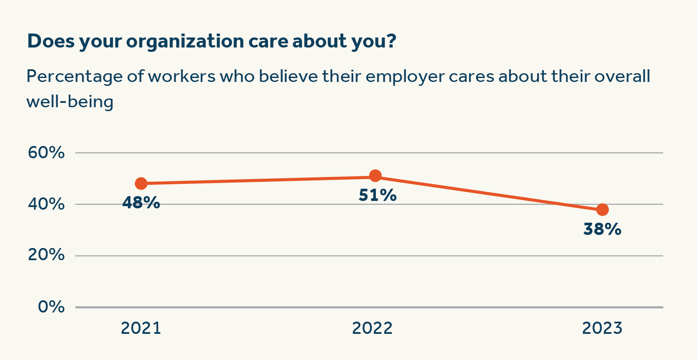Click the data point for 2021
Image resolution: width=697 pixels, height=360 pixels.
(141, 183)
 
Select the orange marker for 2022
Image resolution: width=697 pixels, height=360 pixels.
(375, 176)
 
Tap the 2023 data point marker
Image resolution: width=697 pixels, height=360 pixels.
(602, 210)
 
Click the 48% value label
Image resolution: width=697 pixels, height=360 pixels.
(141, 203)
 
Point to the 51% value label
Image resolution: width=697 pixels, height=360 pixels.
(377, 195)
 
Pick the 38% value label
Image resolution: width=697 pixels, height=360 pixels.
(602, 229)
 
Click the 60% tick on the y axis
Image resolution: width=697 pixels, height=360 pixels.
(46, 153)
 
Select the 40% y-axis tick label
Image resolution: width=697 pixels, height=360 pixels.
(46, 204)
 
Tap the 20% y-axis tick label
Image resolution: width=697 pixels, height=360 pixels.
(46, 255)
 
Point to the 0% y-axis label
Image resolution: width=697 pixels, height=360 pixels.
(51, 307)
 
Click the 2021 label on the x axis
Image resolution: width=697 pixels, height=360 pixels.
(141, 328)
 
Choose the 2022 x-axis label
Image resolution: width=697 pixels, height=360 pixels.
(372, 328)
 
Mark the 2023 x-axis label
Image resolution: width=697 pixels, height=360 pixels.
(602, 328)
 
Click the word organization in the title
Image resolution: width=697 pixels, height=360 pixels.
(185, 42)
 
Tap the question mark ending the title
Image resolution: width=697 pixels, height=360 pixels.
(391, 41)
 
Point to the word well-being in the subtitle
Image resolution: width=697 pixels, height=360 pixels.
(70, 102)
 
